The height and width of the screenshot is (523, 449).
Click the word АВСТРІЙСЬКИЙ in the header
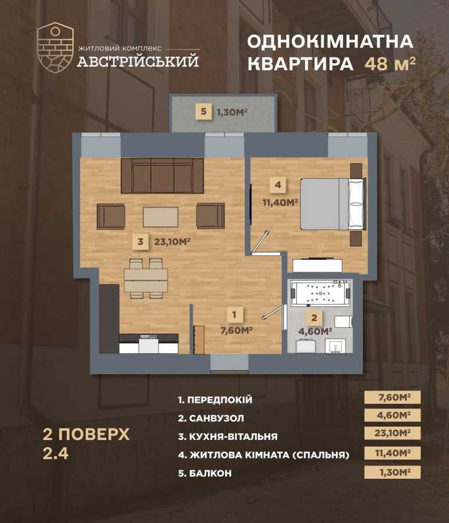pos(138,60)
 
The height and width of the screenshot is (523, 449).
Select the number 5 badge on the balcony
pos(203,112)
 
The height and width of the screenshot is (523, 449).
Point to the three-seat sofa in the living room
pos(162,175)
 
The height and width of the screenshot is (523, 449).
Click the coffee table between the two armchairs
pos(160,216)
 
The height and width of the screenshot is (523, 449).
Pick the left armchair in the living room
pos(110,216)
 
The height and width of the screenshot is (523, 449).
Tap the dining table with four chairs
pos(145,279)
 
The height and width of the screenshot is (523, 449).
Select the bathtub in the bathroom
pos(320,293)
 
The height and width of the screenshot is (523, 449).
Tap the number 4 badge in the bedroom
pos(278,185)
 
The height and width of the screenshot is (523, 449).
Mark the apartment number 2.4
pos(56,454)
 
